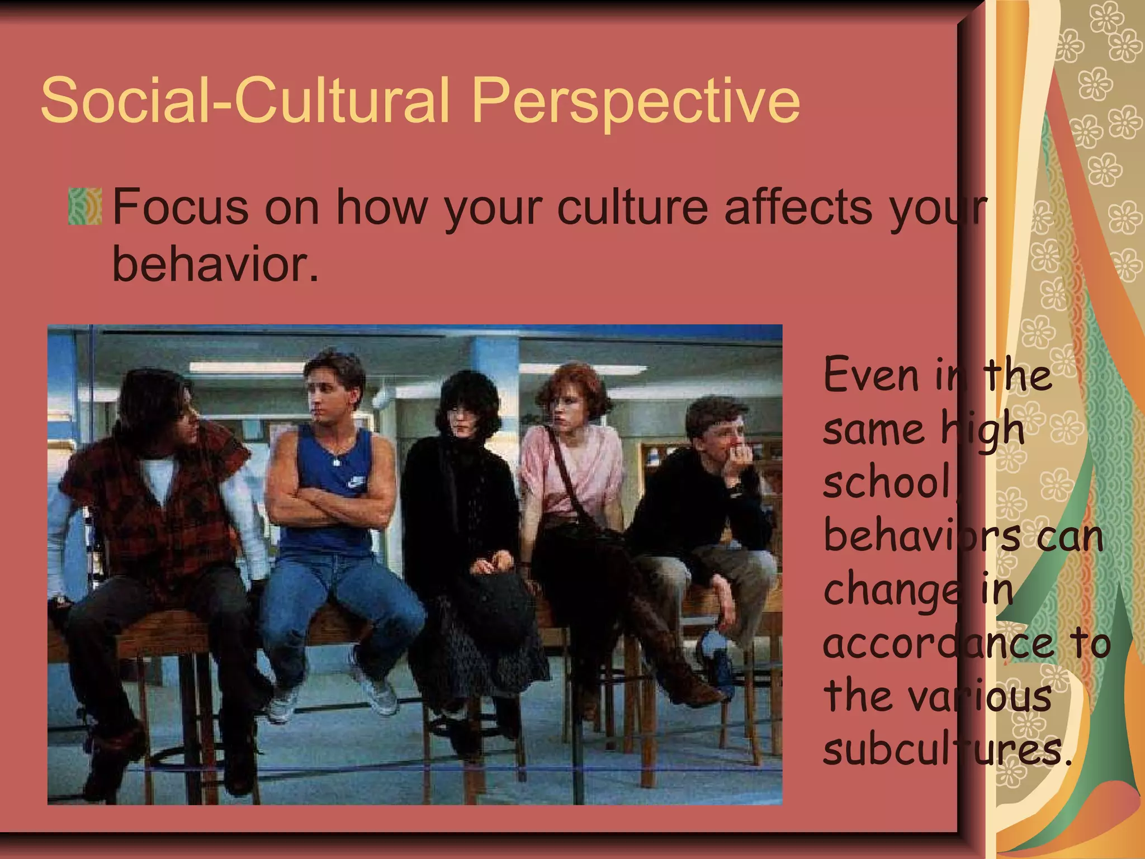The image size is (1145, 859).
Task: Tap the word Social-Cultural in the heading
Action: [x=244, y=101]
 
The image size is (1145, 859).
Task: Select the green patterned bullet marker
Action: [x=85, y=207]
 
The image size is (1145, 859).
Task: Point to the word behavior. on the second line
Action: [x=215, y=264]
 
